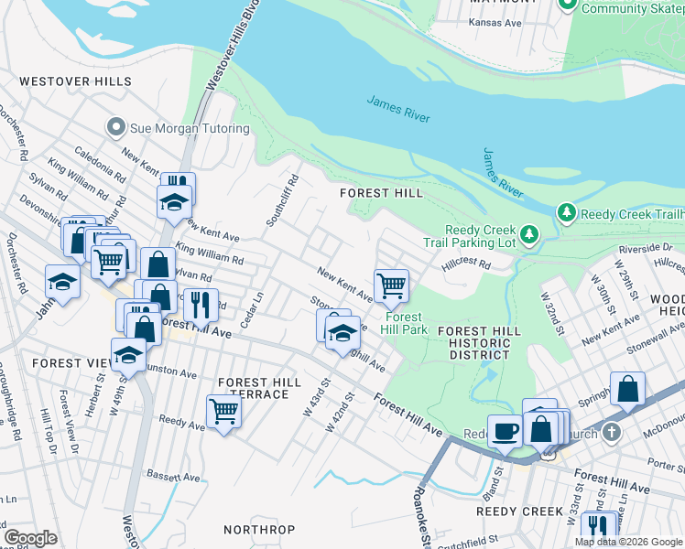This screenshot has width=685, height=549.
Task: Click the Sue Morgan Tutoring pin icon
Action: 115,126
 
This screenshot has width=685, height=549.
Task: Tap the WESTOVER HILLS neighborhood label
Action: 68,81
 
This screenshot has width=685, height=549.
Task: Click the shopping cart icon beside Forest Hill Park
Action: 391,285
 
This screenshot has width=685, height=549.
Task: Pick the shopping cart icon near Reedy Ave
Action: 223,411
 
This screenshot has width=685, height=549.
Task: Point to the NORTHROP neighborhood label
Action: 259,530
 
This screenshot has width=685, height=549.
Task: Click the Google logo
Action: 30,537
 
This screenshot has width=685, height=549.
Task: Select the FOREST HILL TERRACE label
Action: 259,388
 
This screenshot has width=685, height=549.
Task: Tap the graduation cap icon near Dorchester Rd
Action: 62,281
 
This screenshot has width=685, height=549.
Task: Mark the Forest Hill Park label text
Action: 406,324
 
